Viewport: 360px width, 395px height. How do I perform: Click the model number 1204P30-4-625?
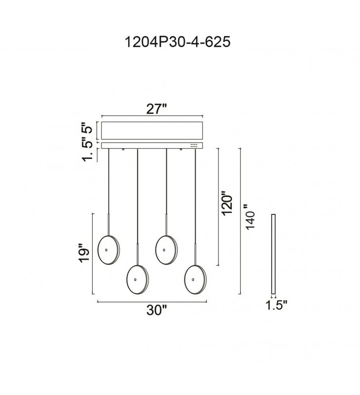click(x=178, y=42)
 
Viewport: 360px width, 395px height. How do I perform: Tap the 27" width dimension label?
click(x=157, y=109)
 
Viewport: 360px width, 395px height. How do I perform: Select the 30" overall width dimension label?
click(x=157, y=310)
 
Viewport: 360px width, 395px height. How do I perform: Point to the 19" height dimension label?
click(x=84, y=253)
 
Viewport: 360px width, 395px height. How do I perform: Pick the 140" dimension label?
click(x=251, y=217)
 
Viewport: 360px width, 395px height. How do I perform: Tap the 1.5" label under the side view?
click(x=277, y=305)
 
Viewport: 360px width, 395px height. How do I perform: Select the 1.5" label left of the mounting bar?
click(x=88, y=151)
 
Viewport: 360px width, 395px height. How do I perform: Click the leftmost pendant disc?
click(x=108, y=250)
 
